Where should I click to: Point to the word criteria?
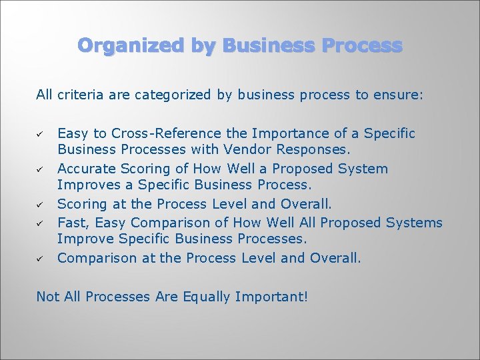81,95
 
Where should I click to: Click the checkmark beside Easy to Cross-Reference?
41,135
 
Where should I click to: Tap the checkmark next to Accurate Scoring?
41,169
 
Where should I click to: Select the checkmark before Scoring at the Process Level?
41,205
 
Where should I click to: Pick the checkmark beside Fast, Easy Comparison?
41,223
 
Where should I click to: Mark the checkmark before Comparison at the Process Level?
41,258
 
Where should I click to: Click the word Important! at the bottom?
271,296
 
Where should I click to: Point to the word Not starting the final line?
48,296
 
